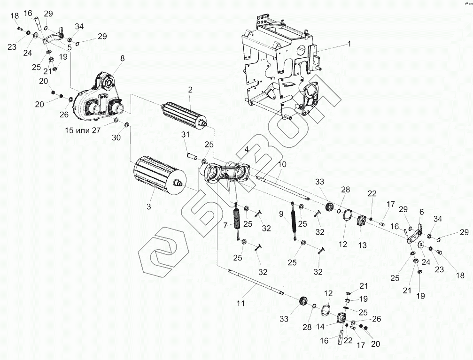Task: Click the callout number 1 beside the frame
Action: [349, 44]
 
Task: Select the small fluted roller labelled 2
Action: [183, 113]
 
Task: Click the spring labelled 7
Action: [237, 220]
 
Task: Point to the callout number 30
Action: [116, 137]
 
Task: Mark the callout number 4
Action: [245, 150]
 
